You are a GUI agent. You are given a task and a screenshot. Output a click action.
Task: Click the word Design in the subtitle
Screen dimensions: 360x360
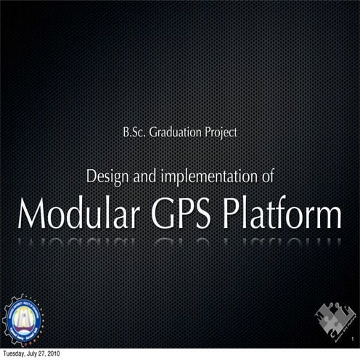click(x=106, y=176)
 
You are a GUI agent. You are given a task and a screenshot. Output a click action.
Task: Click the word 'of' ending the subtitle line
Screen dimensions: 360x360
click(x=265, y=176)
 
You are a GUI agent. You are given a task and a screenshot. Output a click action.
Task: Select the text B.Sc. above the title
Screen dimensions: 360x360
click(x=136, y=133)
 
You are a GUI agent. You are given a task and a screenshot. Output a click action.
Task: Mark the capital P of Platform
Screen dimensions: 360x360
click(x=236, y=214)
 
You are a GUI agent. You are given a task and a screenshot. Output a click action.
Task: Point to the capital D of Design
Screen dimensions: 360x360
click(x=91, y=176)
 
